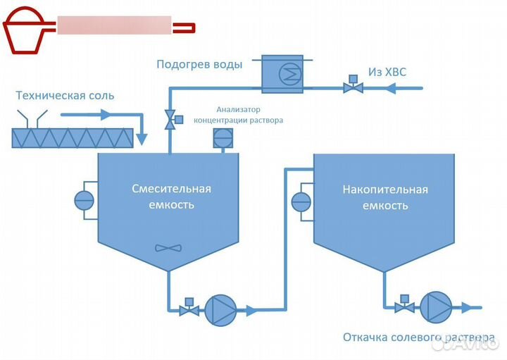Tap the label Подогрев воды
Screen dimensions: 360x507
199,65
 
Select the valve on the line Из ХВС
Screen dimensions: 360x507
351,87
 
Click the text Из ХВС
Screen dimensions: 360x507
387,72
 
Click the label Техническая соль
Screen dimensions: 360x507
65,96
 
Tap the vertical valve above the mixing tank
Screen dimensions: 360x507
169,120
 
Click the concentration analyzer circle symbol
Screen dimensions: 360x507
222,139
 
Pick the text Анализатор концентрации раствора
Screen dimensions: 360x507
239,114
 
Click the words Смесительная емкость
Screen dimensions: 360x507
172,197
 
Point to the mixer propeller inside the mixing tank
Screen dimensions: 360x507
168,248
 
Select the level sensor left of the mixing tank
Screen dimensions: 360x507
84,199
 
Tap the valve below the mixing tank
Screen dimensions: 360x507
188,309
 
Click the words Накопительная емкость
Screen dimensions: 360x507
384,197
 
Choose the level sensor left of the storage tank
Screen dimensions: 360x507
301,201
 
